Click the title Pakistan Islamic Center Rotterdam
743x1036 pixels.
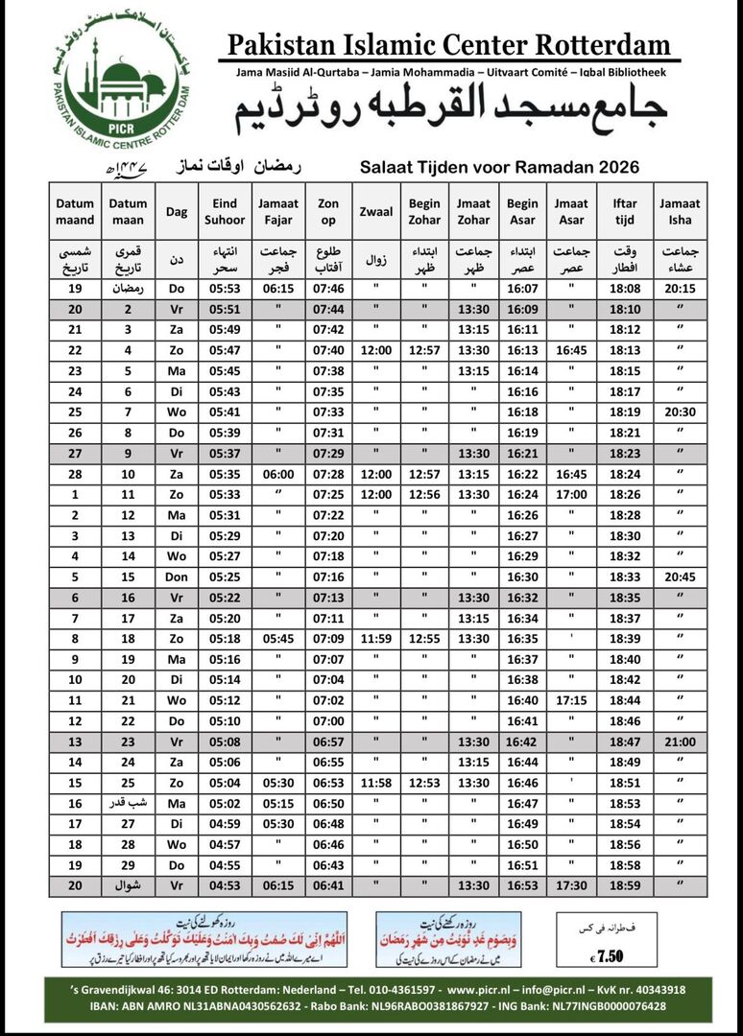click(448, 45)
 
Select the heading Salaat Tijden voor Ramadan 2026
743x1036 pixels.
click(499, 167)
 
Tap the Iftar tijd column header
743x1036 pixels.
click(625, 210)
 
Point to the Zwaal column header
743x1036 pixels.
click(375, 211)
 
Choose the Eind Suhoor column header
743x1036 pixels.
click(224, 210)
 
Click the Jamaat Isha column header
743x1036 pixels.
click(680, 210)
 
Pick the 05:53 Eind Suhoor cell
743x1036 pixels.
click(224, 289)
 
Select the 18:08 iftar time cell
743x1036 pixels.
click(625, 289)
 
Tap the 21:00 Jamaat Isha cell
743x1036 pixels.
click(680, 742)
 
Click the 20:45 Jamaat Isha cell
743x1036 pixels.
click(680, 577)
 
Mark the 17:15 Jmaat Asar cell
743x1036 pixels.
click(570, 701)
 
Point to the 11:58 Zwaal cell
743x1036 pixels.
click(375, 784)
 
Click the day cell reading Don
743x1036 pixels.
click(177, 577)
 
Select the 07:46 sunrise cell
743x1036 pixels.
click(328, 289)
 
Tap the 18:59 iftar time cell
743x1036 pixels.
click(625, 886)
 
